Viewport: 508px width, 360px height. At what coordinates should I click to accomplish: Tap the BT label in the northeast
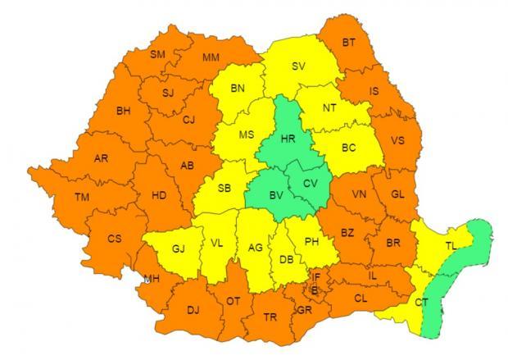[349, 43]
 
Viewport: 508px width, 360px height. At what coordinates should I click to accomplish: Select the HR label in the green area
[288, 139]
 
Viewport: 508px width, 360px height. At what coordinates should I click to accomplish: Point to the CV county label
[309, 183]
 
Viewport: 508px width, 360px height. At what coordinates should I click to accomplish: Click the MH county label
[151, 279]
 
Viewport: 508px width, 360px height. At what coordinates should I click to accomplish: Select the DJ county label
[193, 309]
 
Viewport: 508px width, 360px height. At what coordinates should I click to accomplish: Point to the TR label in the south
[270, 317]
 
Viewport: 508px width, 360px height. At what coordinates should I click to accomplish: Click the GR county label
[305, 310]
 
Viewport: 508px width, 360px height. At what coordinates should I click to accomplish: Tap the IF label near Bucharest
[316, 277]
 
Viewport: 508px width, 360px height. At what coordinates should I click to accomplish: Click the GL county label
[398, 194]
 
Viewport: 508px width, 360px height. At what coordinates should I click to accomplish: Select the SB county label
[225, 189]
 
